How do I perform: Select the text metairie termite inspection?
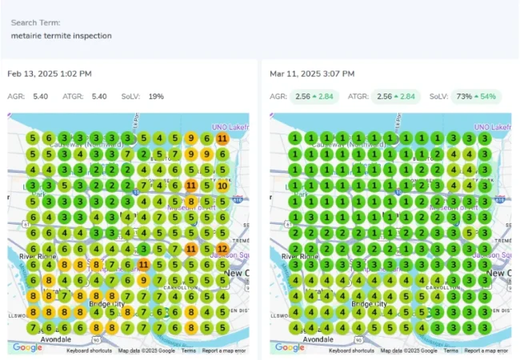(x=62, y=36)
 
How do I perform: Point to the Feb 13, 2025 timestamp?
(x=50, y=74)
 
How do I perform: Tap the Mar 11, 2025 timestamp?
(x=312, y=74)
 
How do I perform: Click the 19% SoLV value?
(x=155, y=97)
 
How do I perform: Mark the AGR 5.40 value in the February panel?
(x=40, y=97)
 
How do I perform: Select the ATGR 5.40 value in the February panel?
(x=99, y=97)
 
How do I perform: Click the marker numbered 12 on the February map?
(x=222, y=249)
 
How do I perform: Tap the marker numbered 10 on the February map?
(x=222, y=186)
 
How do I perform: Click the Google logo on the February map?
(x=27, y=347)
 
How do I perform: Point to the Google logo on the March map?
(x=290, y=347)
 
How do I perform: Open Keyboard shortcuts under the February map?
(x=89, y=350)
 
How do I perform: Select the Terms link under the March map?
(x=450, y=350)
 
